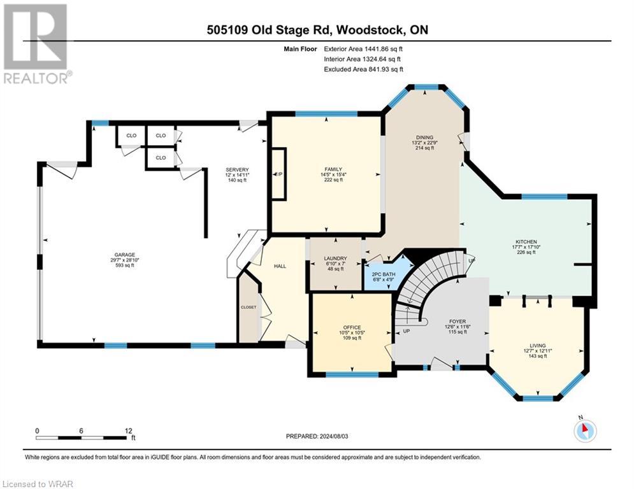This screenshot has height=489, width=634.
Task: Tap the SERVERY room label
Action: point(236,169)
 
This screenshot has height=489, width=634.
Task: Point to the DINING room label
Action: point(424,138)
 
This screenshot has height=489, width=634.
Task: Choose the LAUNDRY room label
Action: point(335,258)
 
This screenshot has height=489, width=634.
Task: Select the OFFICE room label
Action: point(351,329)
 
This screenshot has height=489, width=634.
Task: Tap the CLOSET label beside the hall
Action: point(249,307)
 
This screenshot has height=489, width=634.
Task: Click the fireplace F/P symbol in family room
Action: point(278,174)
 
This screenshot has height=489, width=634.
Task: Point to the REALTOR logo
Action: point(38,43)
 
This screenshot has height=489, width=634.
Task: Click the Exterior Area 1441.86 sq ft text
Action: point(363,48)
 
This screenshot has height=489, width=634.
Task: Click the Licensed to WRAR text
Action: point(39,483)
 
